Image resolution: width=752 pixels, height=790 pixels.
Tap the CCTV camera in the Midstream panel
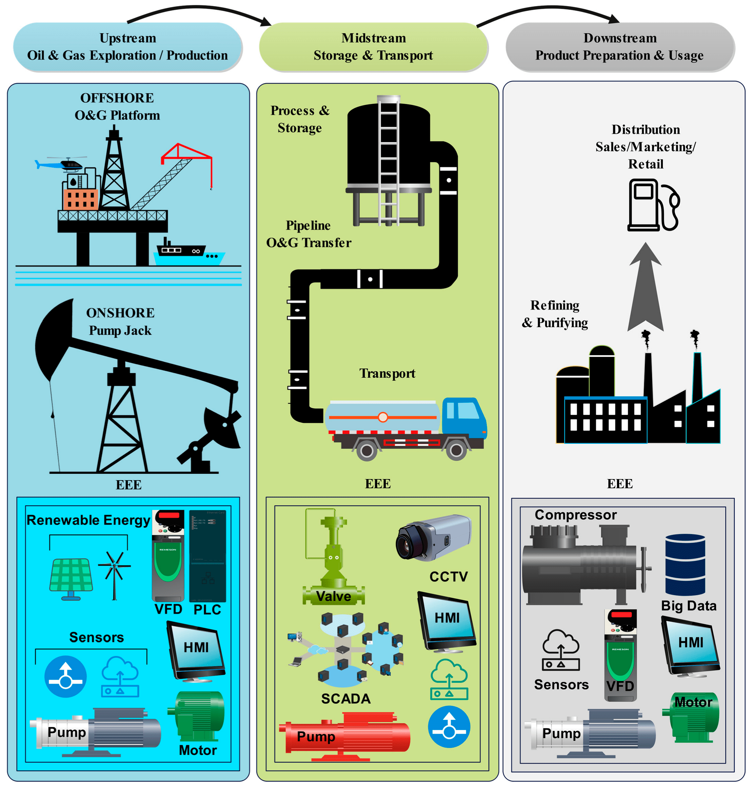(433, 537)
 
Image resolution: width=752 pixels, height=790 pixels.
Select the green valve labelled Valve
(334, 561)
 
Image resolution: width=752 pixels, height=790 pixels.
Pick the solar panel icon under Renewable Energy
(71, 577)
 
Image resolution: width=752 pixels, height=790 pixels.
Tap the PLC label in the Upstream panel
(207, 610)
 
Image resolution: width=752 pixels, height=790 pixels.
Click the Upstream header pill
(127, 47)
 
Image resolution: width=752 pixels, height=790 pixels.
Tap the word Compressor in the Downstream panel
(575, 515)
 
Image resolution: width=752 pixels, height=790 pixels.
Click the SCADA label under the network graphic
(345, 698)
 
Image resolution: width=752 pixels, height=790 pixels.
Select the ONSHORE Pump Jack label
(120, 321)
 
